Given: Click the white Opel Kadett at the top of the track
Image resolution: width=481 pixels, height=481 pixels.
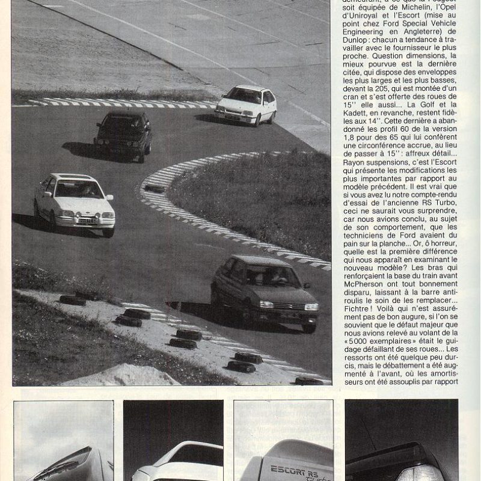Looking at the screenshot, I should [246, 105].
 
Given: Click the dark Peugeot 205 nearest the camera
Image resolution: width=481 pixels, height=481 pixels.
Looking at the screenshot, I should [265, 291].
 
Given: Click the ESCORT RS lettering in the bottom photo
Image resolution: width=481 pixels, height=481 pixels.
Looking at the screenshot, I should [292, 470].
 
